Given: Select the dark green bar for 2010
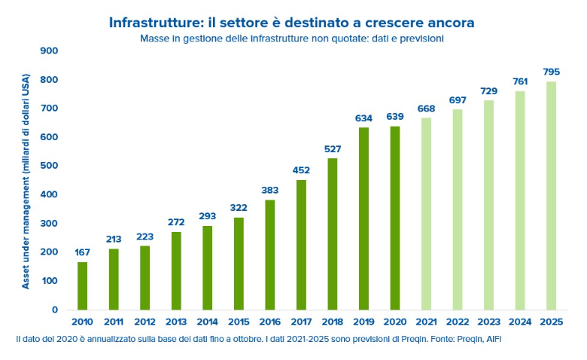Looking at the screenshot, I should pos(82,285).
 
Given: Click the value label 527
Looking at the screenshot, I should pos(332,148).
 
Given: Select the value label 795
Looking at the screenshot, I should pos(551,72).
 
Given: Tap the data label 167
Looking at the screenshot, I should pos(82,252).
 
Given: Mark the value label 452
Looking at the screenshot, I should pos(301,169).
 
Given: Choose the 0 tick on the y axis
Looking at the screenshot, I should pos(55,310).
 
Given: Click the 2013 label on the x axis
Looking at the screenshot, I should pos(175,323).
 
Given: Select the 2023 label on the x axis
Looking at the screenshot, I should pos(488,323).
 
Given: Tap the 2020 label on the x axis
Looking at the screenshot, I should pos(394,323).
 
